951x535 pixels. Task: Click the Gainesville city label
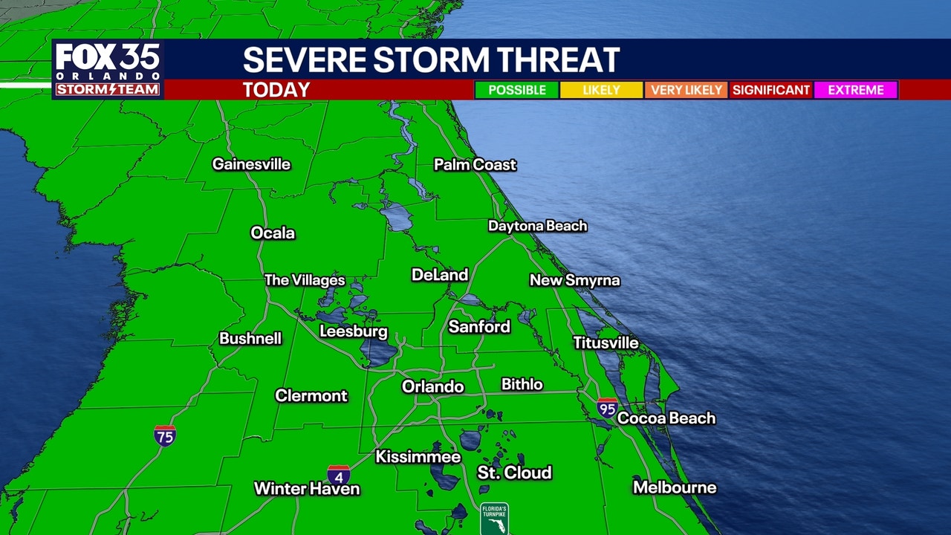[251, 164]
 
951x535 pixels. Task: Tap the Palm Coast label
[475, 164]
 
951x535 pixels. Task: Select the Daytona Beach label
[537, 226]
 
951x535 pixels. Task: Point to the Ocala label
[273, 233]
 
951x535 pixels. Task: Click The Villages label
[305, 280]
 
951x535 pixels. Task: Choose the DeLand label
[440, 275]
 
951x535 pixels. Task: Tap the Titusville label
[606, 343]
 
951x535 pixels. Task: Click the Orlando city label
[432, 386]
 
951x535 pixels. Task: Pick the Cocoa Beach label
[666, 418]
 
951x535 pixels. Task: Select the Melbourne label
[675, 487]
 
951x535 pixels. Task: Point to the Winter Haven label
[307, 489]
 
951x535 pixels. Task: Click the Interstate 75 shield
[165, 435]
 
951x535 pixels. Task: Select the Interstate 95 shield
[607, 407]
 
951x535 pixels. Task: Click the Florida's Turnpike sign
[494, 519]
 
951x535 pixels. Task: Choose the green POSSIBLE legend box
[517, 90]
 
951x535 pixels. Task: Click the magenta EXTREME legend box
[856, 90]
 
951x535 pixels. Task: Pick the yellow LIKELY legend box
[601, 90]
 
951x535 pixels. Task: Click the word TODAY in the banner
[276, 90]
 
